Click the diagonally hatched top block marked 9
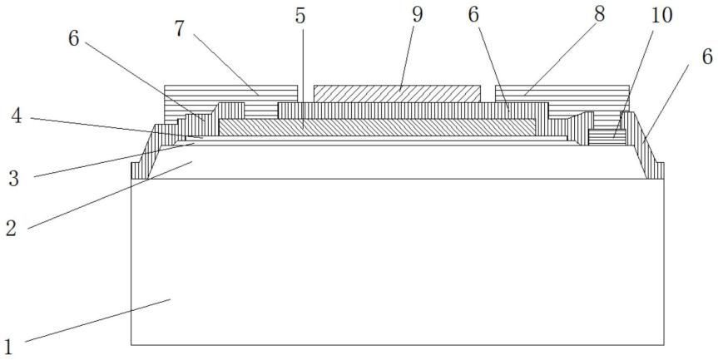point(397,93)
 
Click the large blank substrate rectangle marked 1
point(398,266)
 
